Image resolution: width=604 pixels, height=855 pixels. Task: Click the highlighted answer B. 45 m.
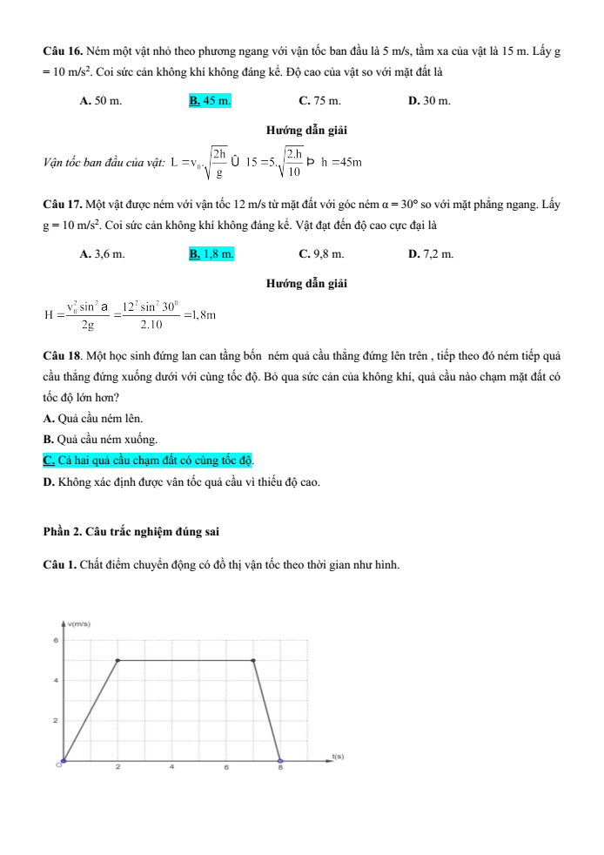[210, 101]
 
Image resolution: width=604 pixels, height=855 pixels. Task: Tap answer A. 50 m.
[100, 101]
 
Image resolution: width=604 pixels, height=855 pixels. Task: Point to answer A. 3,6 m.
[102, 254]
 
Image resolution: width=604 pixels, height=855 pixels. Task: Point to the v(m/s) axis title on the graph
[78, 624]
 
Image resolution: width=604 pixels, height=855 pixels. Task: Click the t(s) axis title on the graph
[339, 757]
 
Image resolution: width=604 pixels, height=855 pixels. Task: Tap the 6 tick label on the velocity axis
[55, 640]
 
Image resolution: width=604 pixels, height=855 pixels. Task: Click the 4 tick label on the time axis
[172, 768]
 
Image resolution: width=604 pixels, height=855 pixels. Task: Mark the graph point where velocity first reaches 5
[117, 660]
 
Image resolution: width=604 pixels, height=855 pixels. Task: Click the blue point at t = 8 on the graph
[280, 761]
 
